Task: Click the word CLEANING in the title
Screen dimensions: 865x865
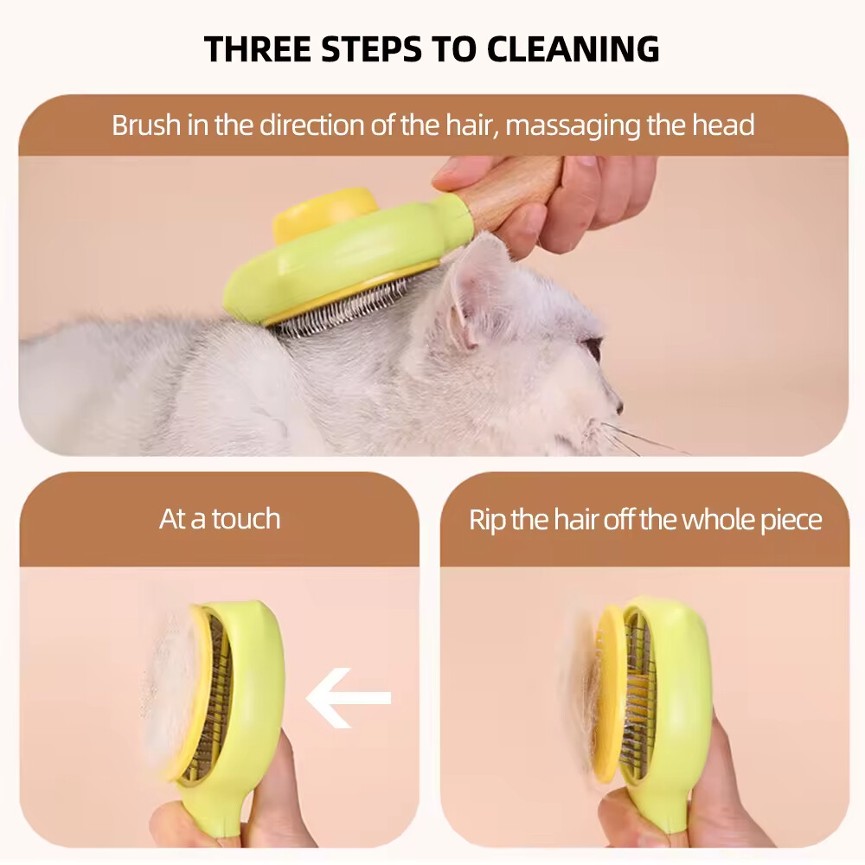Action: tap(573, 48)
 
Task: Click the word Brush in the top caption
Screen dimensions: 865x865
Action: tap(144, 125)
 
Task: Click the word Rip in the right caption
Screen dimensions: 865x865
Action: tap(487, 520)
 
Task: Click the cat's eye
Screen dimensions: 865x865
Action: tap(593, 349)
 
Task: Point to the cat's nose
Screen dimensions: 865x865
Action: tap(617, 404)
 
